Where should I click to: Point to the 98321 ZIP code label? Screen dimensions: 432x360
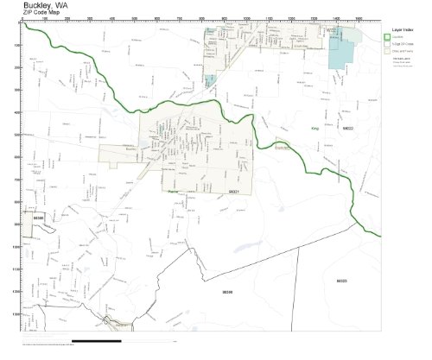233,192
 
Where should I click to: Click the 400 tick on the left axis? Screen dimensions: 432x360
17,112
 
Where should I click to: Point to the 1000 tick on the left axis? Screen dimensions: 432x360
16,247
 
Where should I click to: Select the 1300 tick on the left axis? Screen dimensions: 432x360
16,314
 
